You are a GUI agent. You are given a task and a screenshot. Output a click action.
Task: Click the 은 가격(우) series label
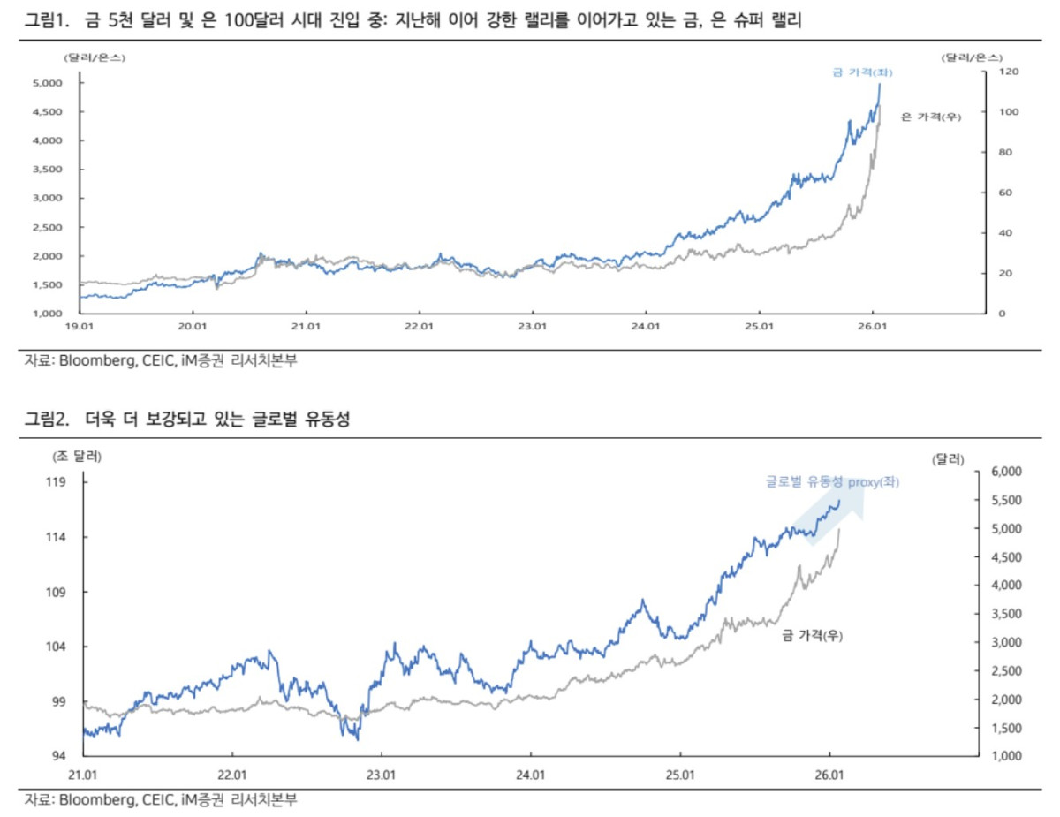click(930, 117)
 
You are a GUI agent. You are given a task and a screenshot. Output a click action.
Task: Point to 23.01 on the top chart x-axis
click(533, 327)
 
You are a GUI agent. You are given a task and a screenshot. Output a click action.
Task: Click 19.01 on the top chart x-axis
click(80, 327)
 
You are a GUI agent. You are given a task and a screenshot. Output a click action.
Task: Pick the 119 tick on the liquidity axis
click(58, 482)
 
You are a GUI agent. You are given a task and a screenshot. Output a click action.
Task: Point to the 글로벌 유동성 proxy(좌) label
click(832, 482)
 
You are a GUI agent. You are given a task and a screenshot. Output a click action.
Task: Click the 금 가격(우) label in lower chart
click(812, 635)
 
